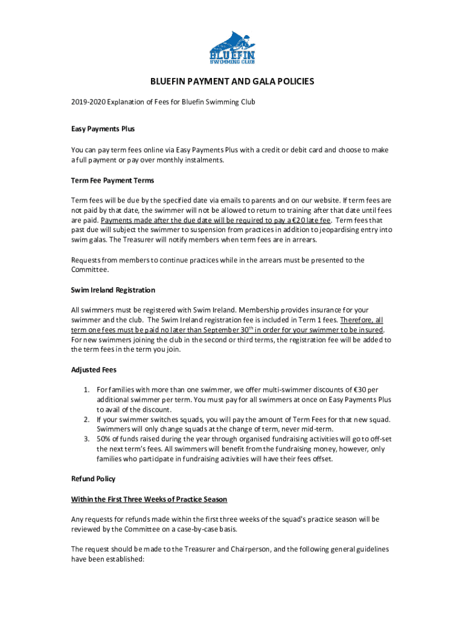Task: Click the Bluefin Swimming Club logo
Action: tap(232, 47)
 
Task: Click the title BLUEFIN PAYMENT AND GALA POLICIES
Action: tap(232, 82)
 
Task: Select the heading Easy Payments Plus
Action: tap(103, 129)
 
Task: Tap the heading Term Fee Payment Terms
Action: tap(112, 180)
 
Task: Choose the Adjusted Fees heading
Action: tap(94, 369)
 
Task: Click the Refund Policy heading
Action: tap(93, 479)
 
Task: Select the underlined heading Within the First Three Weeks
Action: tap(149, 499)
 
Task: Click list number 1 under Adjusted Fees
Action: tap(88, 390)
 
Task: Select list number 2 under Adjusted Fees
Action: tap(88, 420)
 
